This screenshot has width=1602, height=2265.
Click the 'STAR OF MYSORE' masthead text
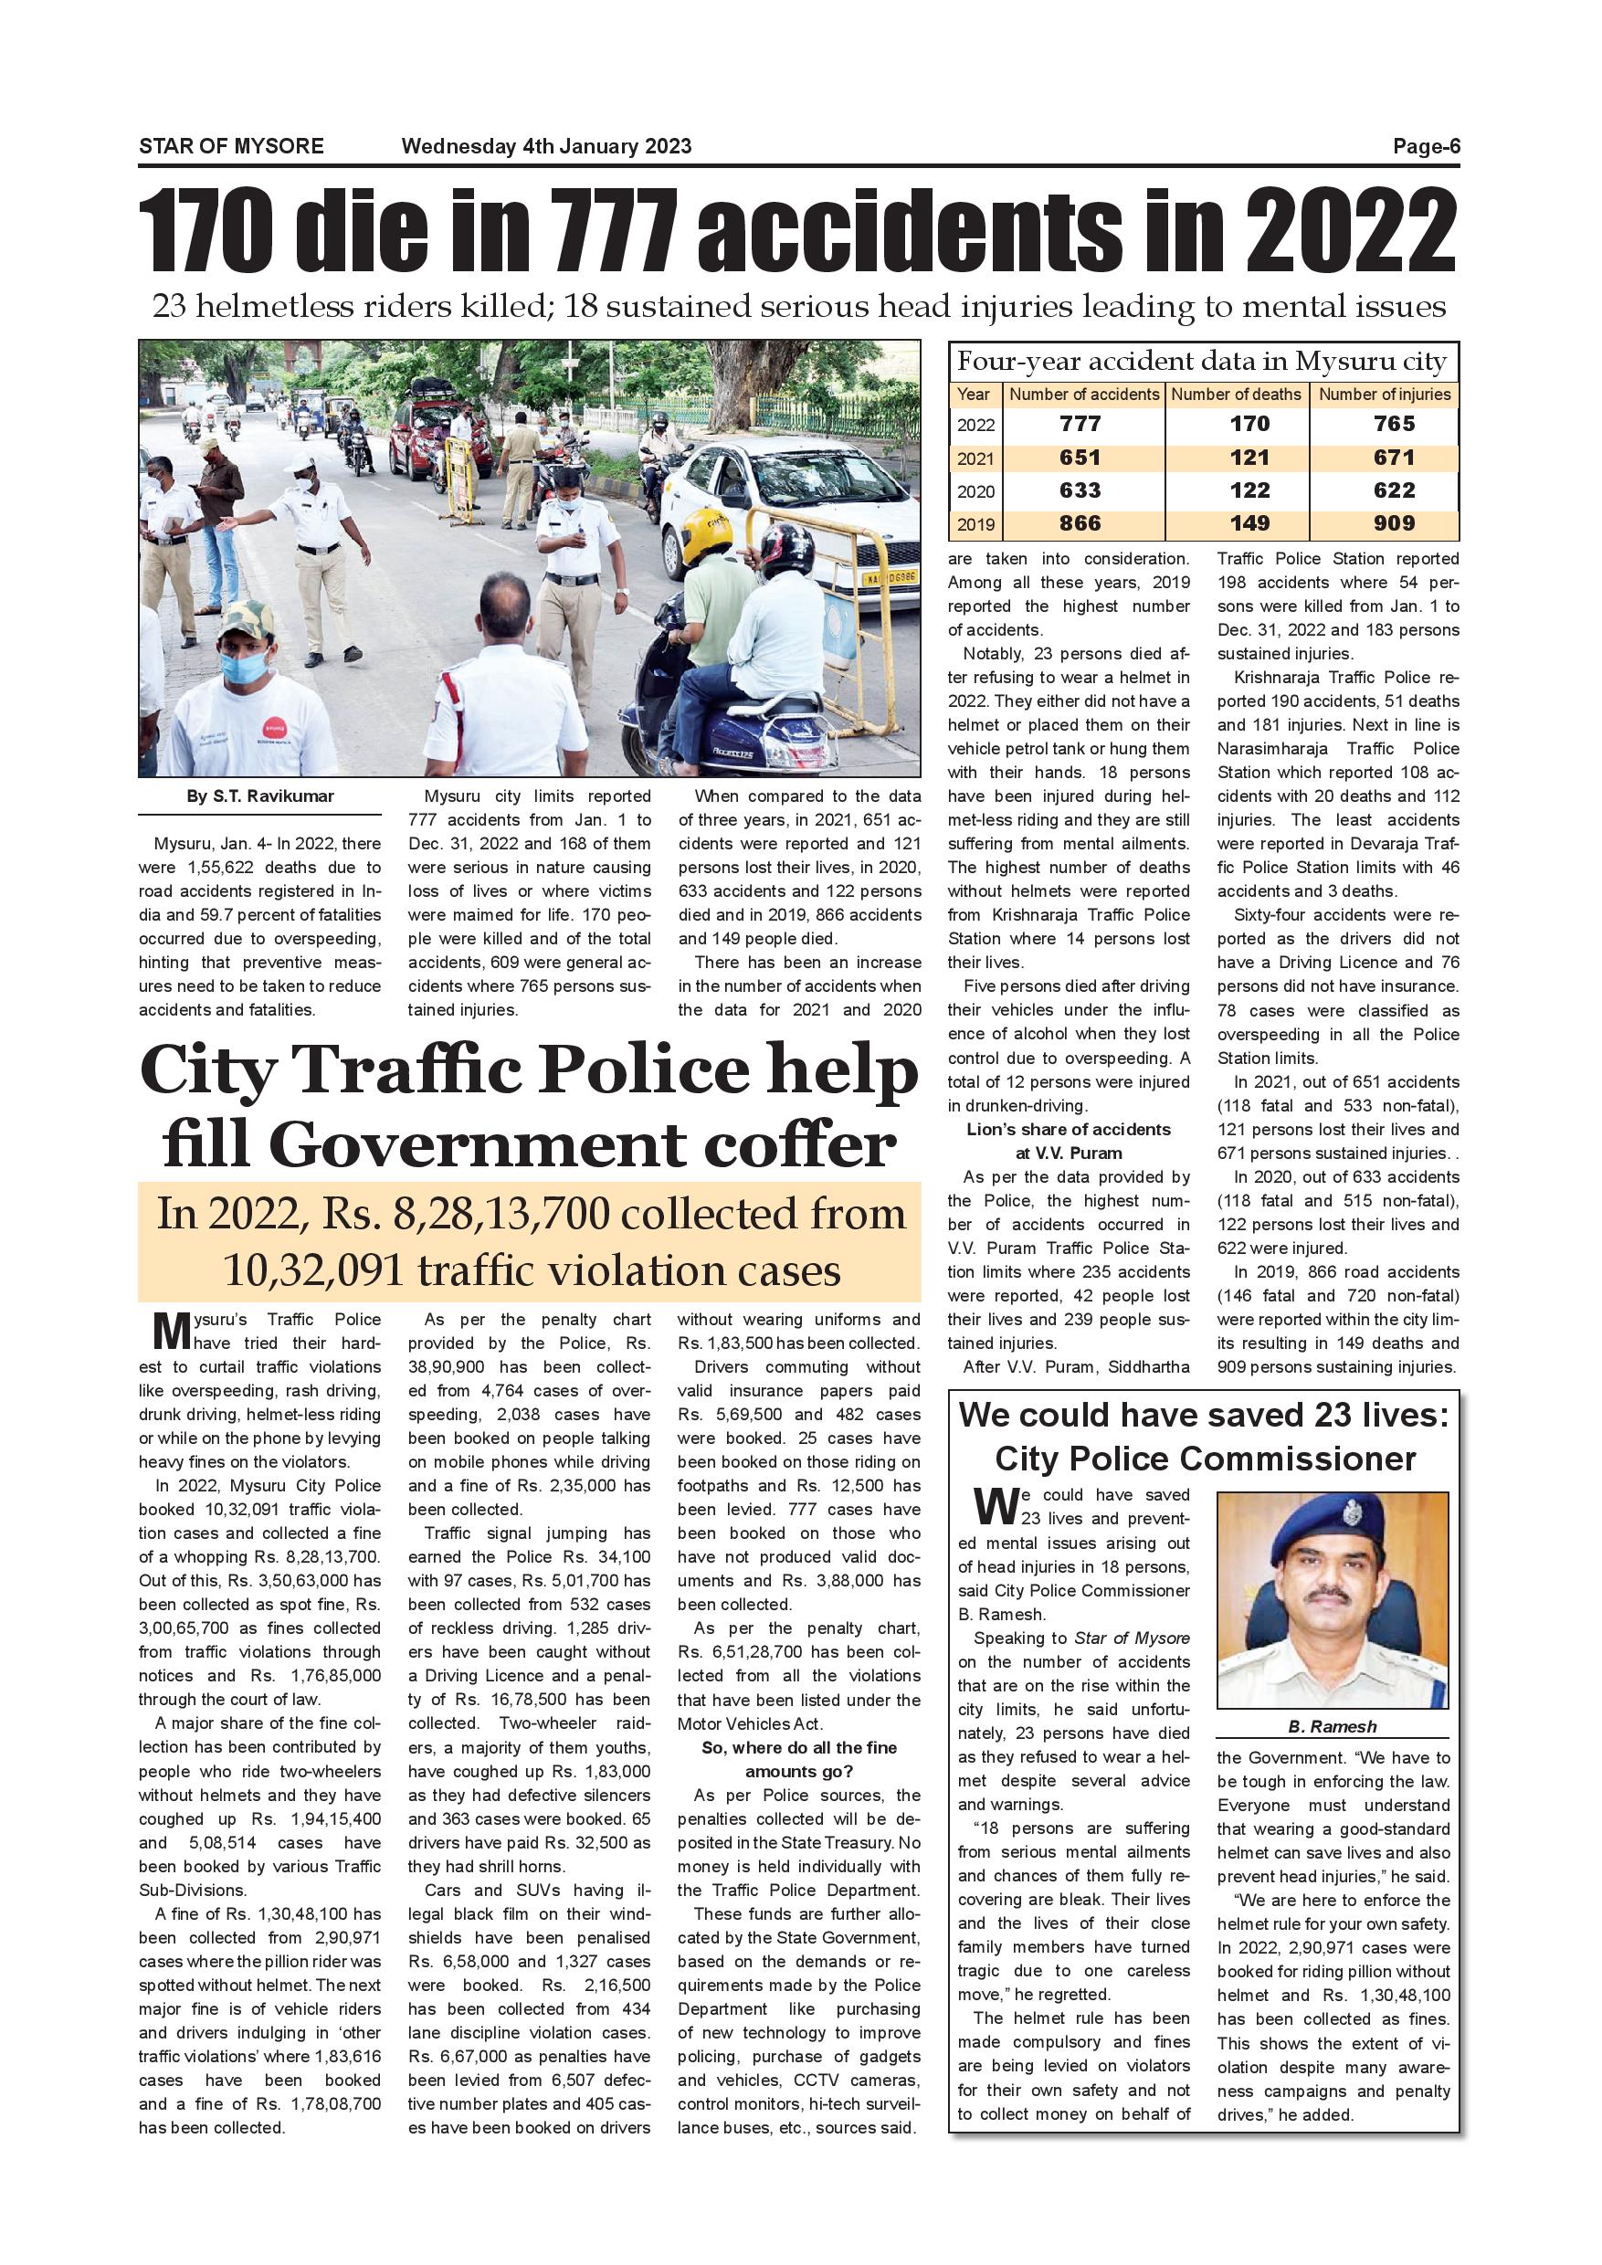click(x=231, y=147)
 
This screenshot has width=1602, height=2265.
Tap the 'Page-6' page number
click(x=1426, y=147)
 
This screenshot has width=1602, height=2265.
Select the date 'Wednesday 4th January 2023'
click(x=546, y=147)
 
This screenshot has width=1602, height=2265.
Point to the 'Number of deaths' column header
click(x=1236, y=395)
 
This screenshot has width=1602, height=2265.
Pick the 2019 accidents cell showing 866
click(x=1080, y=524)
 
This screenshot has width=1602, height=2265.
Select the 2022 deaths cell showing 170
click(x=1249, y=424)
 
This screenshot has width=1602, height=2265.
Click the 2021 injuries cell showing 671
click(x=1393, y=458)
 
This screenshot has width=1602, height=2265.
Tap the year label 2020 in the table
click(x=975, y=491)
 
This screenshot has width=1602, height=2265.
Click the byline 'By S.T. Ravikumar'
click(x=260, y=796)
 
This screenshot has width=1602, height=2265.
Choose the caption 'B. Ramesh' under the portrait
click(x=1332, y=1726)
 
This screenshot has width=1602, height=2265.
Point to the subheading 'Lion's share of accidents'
click(x=1069, y=1130)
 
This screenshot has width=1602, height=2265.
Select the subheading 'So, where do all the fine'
click(x=799, y=1747)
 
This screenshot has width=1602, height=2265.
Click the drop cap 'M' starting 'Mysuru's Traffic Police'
click(x=171, y=1331)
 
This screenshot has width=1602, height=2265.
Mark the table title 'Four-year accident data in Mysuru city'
click(x=1202, y=362)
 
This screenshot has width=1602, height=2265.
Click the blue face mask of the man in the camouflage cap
click(x=242, y=667)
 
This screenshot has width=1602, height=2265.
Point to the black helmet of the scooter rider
click(x=786, y=549)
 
